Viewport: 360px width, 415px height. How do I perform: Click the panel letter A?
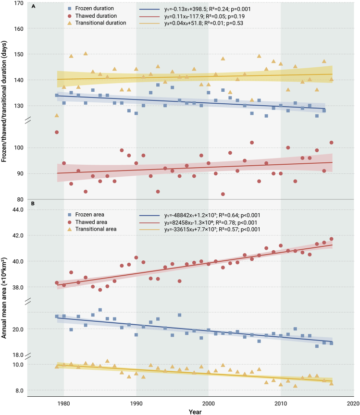pos(33,6)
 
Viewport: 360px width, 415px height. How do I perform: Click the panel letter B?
pos(33,204)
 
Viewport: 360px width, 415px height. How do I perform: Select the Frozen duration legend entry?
pos(91,9)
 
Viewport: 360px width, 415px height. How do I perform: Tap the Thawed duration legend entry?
pos(92,16)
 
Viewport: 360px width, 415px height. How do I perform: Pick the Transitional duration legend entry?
pos(97,23)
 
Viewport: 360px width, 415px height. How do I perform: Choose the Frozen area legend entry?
pos(86,215)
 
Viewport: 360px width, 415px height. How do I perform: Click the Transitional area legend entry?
pos(92,229)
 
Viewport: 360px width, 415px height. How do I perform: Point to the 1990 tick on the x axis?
pos(136,403)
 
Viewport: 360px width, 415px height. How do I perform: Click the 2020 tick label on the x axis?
pos(353,403)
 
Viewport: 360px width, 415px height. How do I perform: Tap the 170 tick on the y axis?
pos(19,3)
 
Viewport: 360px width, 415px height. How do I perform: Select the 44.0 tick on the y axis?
pos(18,209)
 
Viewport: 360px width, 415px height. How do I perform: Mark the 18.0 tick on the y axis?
pos(18,355)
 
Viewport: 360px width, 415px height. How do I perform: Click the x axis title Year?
pos(195,412)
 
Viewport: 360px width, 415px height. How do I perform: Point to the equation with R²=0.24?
pos(208,9)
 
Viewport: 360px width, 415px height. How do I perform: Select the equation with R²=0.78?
pos(211,222)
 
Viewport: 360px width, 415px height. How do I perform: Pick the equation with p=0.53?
pos(204,23)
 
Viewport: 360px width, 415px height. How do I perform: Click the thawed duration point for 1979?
pos(57,133)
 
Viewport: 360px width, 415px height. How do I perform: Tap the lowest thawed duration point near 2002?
pos(223,194)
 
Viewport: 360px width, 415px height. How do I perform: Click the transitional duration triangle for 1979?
pos(57,115)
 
